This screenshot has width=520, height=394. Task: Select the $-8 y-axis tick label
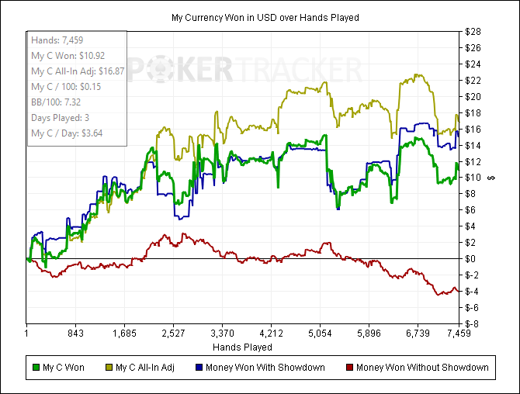(474, 323)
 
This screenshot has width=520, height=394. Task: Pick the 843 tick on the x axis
(75, 334)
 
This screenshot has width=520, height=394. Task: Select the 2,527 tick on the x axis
(173, 334)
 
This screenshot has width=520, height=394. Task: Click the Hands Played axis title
(242, 347)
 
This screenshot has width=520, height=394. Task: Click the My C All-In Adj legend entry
(154, 367)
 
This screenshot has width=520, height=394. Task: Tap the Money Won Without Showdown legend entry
(422, 367)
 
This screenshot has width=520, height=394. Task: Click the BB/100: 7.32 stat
(57, 102)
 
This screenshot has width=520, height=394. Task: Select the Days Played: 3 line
(61, 117)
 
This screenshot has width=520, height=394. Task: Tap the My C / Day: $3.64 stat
(67, 133)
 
